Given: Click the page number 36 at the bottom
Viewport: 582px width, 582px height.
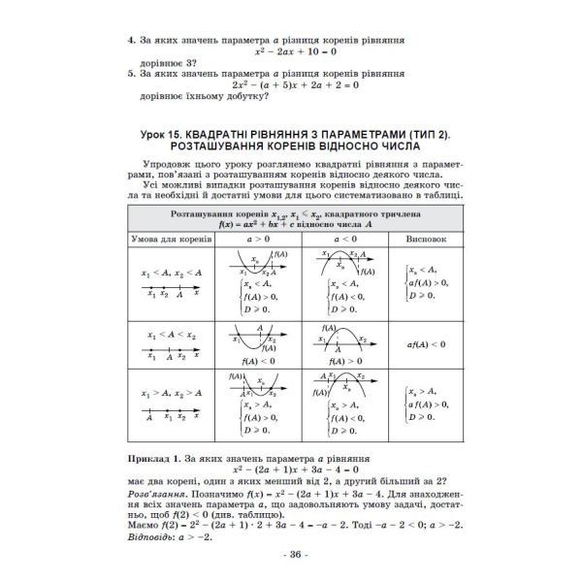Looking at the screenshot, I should (x=292, y=555).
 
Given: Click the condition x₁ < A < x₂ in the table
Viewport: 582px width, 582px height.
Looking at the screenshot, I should (x=172, y=335).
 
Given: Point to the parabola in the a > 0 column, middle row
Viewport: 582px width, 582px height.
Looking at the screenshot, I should (x=257, y=339).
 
